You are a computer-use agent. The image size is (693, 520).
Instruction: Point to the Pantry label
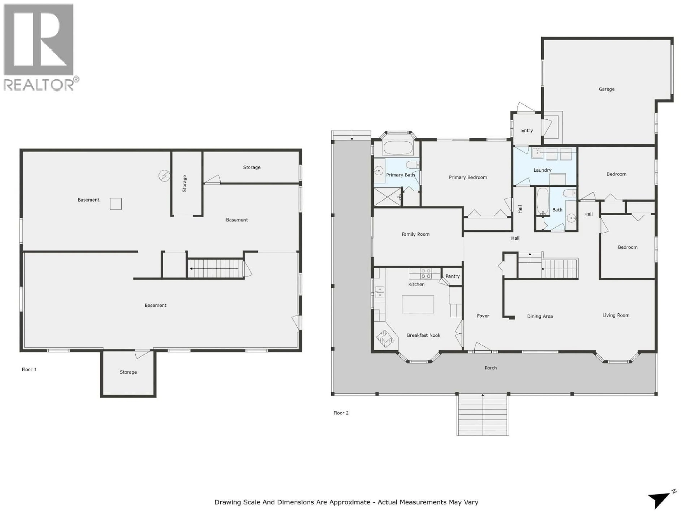(452, 276)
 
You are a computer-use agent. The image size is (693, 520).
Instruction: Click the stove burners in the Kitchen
(425, 274)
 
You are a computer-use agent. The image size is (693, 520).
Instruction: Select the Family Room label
(415, 234)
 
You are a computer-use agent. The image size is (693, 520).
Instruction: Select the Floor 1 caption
(29, 370)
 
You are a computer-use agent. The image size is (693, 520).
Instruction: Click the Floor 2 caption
(341, 413)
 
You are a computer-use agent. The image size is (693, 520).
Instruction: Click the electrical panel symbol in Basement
(164, 176)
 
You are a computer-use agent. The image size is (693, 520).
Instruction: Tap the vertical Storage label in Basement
(184, 184)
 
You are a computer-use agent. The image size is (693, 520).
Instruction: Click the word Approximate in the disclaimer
(351, 502)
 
